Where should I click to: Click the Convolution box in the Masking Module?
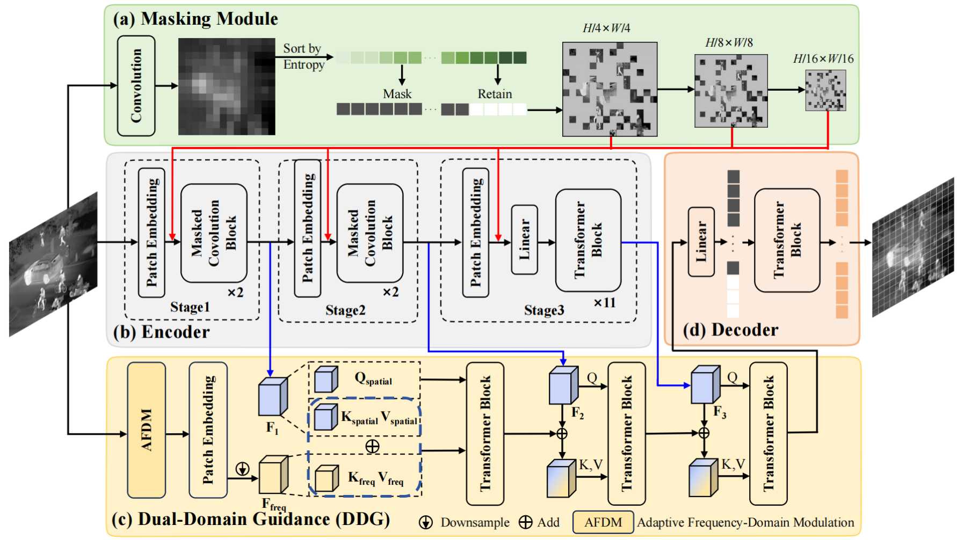click(136, 86)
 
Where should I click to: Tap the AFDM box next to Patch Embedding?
click(147, 430)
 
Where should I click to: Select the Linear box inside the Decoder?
click(701, 242)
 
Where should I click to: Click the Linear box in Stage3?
click(524, 239)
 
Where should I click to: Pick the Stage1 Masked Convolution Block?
click(214, 233)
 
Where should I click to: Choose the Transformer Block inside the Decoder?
click(787, 240)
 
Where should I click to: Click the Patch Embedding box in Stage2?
click(308, 228)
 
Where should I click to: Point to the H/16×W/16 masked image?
click(825, 91)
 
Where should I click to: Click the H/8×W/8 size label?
click(729, 42)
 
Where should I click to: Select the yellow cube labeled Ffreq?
click(273, 475)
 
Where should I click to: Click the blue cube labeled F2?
click(563, 385)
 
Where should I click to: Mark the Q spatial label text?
click(373, 378)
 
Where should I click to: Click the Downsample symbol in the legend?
click(426, 522)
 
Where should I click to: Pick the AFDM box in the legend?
click(603, 522)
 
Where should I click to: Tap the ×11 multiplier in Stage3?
click(604, 303)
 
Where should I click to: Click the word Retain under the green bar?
click(495, 94)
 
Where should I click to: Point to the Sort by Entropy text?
click(303, 56)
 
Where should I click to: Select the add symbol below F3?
click(704, 433)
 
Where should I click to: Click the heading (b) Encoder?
click(161, 332)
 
